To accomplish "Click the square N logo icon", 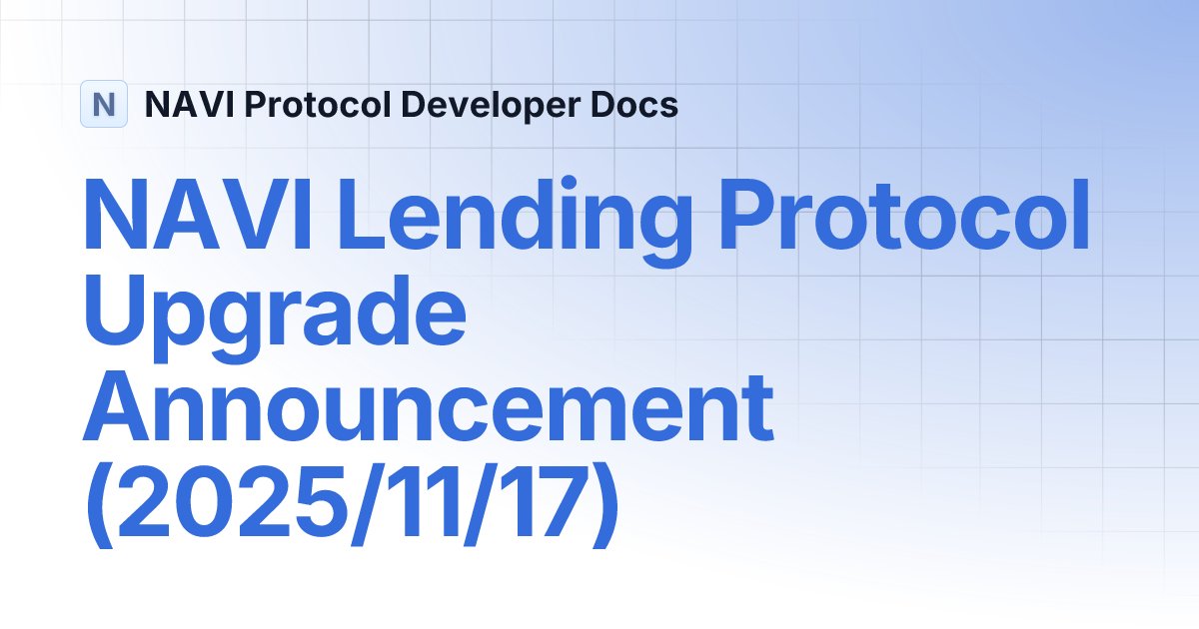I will (103, 104).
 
